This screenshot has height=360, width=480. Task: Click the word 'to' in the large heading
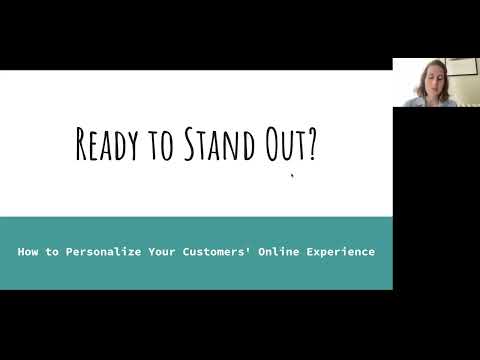pos(160,148)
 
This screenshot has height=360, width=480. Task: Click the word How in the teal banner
pos(28,252)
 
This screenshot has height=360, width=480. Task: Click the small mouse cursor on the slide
pos(292,177)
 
